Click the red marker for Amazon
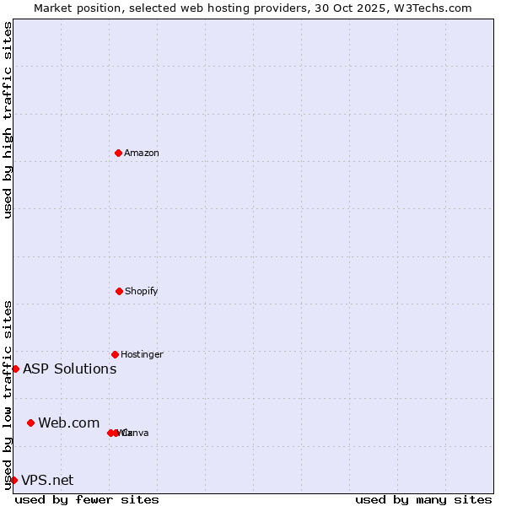click(x=119, y=153)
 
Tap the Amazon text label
click(x=142, y=153)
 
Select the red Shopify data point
click(x=119, y=291)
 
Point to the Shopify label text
click(x=142, y=292)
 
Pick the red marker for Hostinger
click(x=115, y=354)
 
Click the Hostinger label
click(x=142, y=355)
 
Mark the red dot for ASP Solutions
click(x=15, y=369)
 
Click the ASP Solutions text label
click(x=69, y=369)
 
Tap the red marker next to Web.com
click(x=30, y=423)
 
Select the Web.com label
click(x=68, y=423)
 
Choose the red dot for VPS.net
click(x=13, y=480)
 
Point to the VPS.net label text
click(x=47, y=481)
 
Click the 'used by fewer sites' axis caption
click(x=87, y=499)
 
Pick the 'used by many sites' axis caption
click(x=423, y=499)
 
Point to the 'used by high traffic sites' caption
click(x=8, y=120)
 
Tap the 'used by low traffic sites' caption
click(x=8, y=395)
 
